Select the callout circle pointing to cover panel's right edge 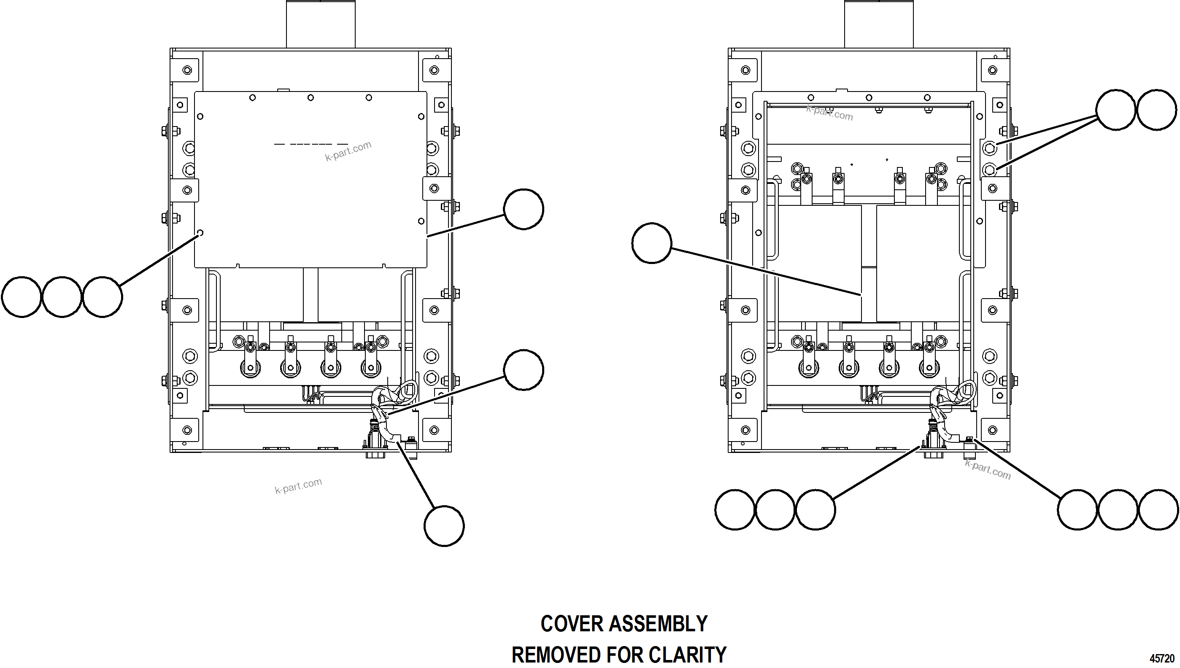coord(523,209)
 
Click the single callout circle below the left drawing coord(444,526)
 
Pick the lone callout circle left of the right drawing coord(652,243)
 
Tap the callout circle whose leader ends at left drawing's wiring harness coord(523,370)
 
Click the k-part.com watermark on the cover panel coord(348,151)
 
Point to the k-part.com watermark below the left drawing coord(298,486)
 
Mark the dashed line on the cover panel coord(311,144)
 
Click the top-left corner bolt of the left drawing coord(187,70)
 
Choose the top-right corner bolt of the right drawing coord(992,70)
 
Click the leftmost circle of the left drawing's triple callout coord(22,297)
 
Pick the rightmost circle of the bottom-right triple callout coord(1158,510)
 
